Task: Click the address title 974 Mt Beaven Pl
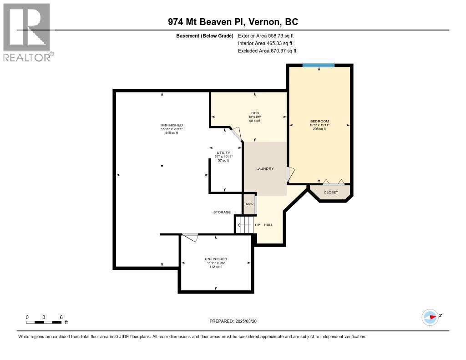point(233,22)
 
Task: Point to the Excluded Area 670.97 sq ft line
point(267,51)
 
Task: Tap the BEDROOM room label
point(319,121)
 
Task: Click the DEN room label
point(255,113)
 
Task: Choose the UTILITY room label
point(223,152)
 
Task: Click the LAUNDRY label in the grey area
point(265,169)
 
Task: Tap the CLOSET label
point(331,193)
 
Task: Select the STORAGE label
point(222,212)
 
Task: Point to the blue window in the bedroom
point(319,66)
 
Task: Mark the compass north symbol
point(430,317)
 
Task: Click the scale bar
point(44,322)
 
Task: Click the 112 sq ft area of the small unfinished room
point(216,267)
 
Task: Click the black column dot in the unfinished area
point(162,166)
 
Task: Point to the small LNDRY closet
point(249,204)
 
